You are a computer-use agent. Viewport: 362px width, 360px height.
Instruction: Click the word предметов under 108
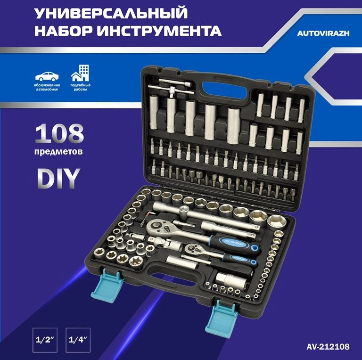pos(58,152)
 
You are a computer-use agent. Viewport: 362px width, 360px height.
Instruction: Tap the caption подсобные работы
pos(80,87)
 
